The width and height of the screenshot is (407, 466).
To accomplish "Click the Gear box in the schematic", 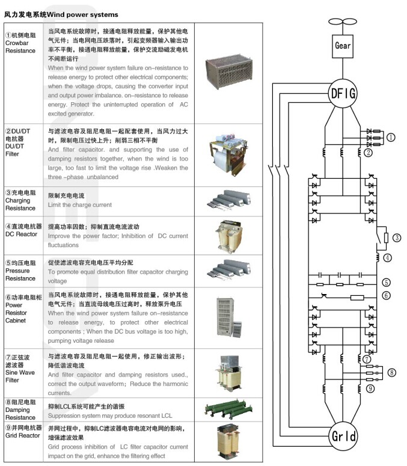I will pos(343,45).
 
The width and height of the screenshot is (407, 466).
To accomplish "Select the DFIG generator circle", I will pos(343,93).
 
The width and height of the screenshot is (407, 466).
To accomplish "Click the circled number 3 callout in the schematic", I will pos(396,238).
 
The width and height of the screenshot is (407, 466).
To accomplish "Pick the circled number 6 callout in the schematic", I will pos(386,295).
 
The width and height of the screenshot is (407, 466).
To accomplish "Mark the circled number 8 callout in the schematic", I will pos(391,372).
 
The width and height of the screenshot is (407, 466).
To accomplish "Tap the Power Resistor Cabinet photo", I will pos(231,319).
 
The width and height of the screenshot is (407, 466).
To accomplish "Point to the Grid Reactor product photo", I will pos(231,442).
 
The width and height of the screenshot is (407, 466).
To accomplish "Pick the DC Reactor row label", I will pos(22,230).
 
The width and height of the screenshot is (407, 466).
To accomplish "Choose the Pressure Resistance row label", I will pos(22,271).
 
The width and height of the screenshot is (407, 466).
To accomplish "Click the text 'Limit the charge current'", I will pos(79,205).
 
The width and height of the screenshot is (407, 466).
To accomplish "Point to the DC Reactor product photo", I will pos(231,235).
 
